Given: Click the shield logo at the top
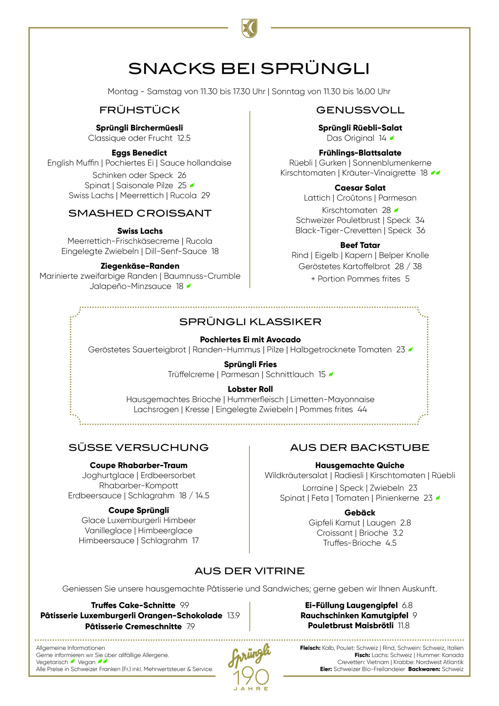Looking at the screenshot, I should pyautogui.click(x=249, y=28).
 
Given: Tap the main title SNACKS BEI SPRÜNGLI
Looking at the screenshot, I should pyautogui.click(x=249, y=69).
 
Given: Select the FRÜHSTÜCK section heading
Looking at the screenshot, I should pyautogui.click(x=140, y=110).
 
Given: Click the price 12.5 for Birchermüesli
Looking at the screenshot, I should pyautogui.click(x=184, y=138).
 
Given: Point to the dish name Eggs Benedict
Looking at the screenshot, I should pyautogui.click(x=139, y=153).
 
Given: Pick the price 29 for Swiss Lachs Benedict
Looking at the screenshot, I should pyautogui.click(x=206, y=196).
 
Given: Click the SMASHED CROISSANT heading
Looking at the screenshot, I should pyautogui.click(x=140, y=213).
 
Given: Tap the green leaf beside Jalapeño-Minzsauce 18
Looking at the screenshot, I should pyautogui.click(x=189, y=286).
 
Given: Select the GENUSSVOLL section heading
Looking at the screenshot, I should pyautogui.click(x=360, y=110).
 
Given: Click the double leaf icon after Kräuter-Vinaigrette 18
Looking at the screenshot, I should pyautogui.click(x=435, y=173).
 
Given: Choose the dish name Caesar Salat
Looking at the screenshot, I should pyautogui.click(x=360, y=188).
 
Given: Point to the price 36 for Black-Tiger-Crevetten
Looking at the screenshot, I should pyautogui.click(x=421, y=230).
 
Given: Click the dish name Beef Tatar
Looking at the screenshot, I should pyautogui.click(x=360, y=245).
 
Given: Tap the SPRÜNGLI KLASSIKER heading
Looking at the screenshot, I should pyautogui.click(x=250, y=322).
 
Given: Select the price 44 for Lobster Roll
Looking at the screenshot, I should pyautogui.click(x=362, y=409).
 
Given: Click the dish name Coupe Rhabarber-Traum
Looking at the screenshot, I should pyautogui.click(x=139, y=465).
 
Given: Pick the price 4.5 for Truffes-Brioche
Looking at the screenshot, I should pyautogui.click(x=391, y=543).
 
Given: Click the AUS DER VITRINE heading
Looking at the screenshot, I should pyautogui.click(x=249, y=571).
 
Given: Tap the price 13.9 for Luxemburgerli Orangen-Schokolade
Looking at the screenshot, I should pyautogui.click(x=234, y=616).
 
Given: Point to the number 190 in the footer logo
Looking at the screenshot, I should pyautogui.click(x=251, y=677).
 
